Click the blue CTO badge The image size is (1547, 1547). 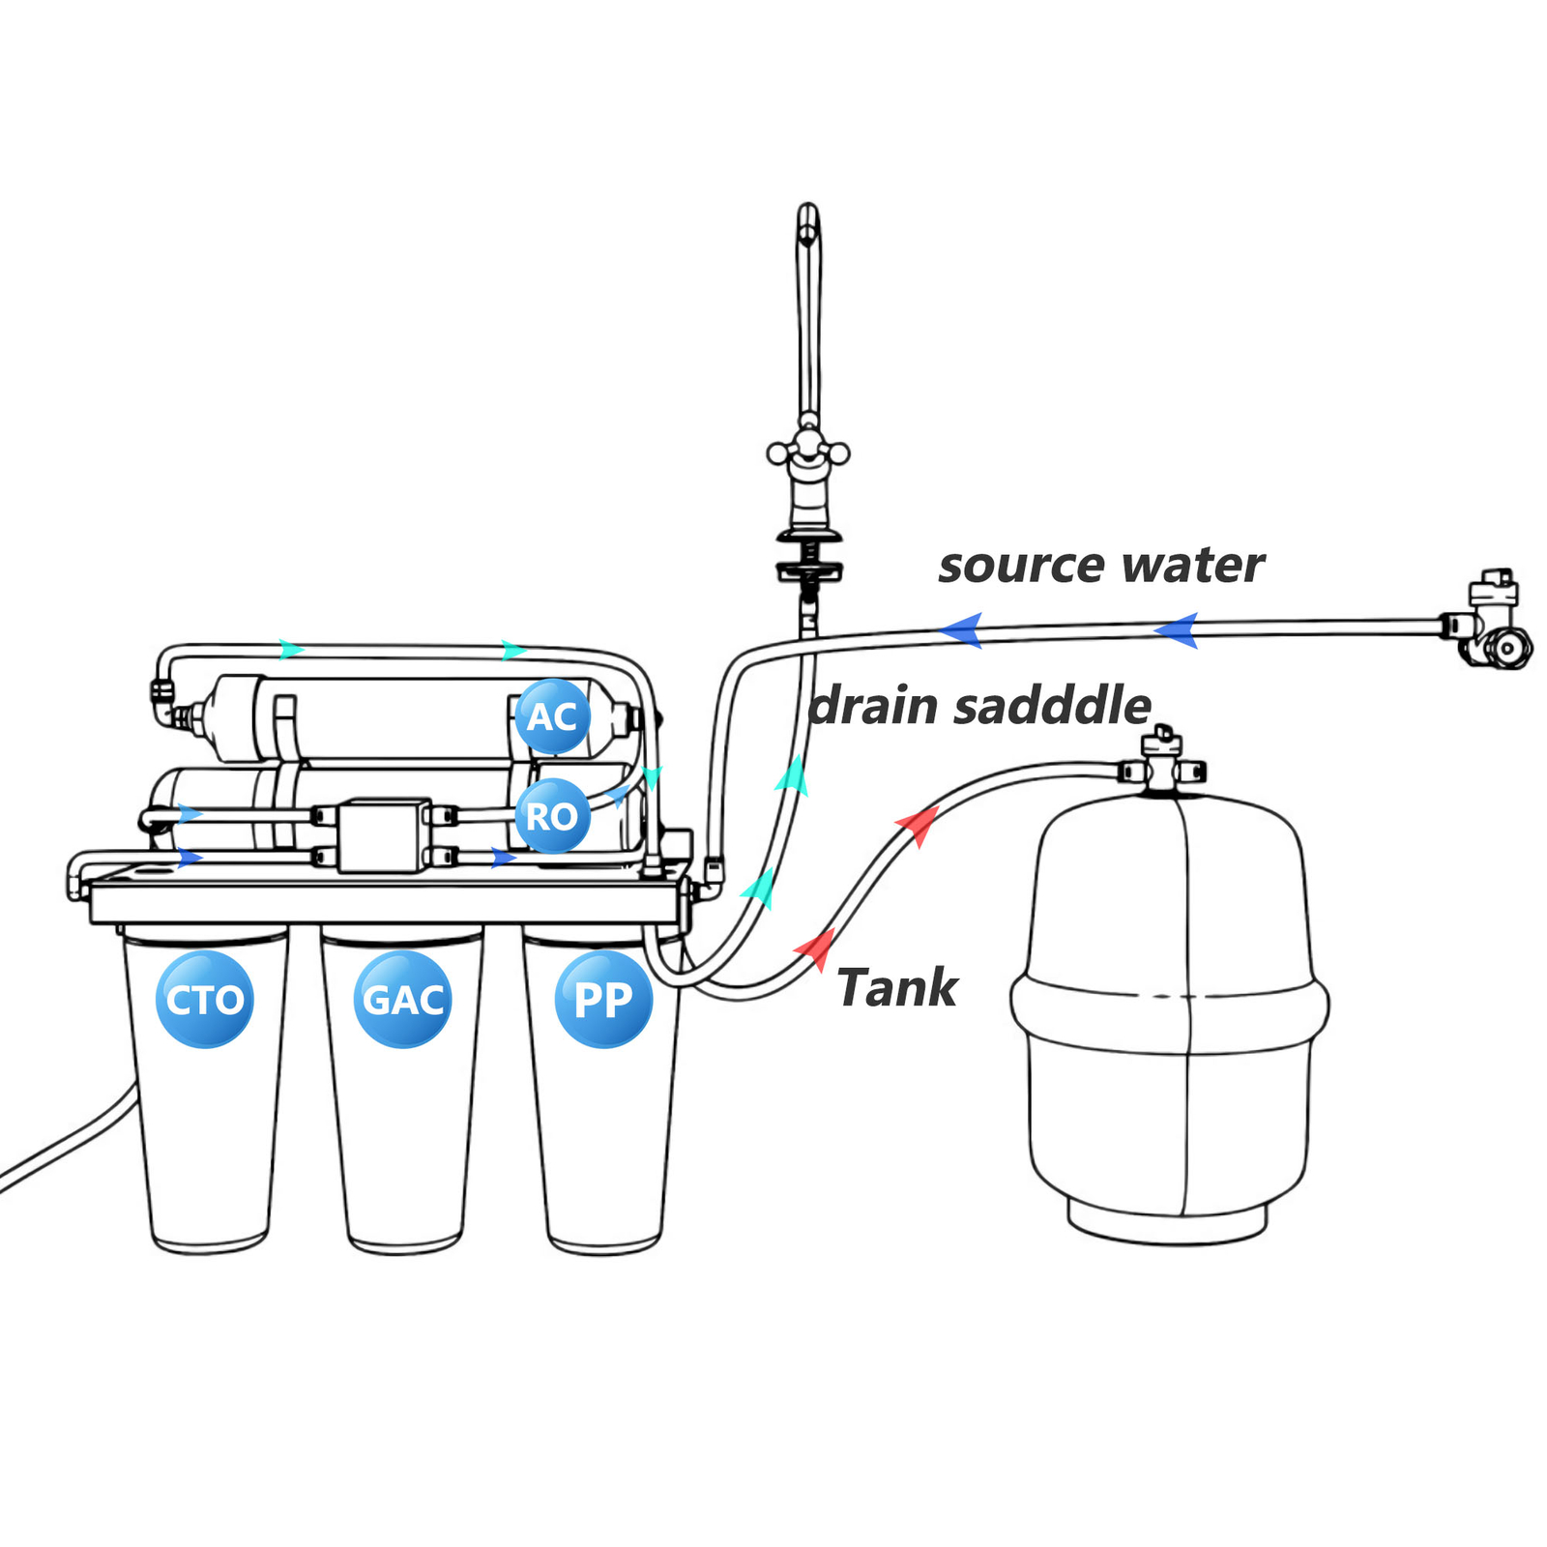click(204, 999)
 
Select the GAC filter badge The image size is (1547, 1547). click(403, 999)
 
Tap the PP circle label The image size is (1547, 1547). click(603, 999)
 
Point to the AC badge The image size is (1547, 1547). click(552, 717)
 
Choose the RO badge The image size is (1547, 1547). click(552, 816)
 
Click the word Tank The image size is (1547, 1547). click(896, 988)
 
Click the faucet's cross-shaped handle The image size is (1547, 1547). click(808, 452)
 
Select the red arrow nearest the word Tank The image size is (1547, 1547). click(815, 949)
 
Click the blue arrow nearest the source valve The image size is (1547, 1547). click(1177, 630)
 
